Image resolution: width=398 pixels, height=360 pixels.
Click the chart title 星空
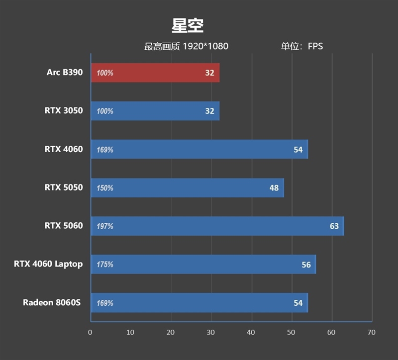point(188,25)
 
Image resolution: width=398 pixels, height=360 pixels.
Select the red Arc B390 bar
point(155,73)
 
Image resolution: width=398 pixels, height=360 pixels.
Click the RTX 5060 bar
point(217,226)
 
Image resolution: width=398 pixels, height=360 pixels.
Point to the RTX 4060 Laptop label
point(48,264)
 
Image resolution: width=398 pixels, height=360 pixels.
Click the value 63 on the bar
point(334,226)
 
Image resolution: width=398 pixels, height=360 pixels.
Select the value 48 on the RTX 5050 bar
point(274,188)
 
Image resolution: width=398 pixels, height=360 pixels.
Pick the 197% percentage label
point(105,226)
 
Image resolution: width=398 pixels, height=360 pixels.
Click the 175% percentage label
point(105,265)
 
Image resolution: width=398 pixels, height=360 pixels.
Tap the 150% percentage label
point(105,188)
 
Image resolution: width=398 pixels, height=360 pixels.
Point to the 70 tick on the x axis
point(371,332)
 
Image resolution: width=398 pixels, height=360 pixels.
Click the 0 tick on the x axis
point(90,332)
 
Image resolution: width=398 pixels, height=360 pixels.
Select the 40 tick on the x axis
point(251,332)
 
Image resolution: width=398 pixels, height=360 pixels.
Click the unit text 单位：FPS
point(302,47)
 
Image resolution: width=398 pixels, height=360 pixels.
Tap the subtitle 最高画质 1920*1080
point(186,47)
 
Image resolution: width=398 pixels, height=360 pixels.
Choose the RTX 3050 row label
point(64,111)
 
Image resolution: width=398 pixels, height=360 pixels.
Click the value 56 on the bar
point(306,265)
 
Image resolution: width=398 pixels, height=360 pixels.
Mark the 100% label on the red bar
point(105,73)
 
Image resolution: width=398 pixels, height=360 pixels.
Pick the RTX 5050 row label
point(64,187)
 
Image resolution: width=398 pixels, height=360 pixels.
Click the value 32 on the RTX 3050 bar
point(209,111)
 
